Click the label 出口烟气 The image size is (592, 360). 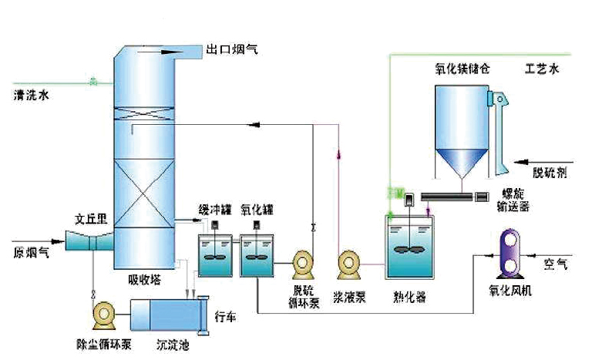(x=232, y=49)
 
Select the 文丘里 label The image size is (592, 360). (x=89, y=219)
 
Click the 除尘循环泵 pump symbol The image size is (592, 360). (x=103, y=314)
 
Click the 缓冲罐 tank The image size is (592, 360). (x=214, y=254)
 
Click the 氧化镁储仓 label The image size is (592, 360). (x=462, y=69)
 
